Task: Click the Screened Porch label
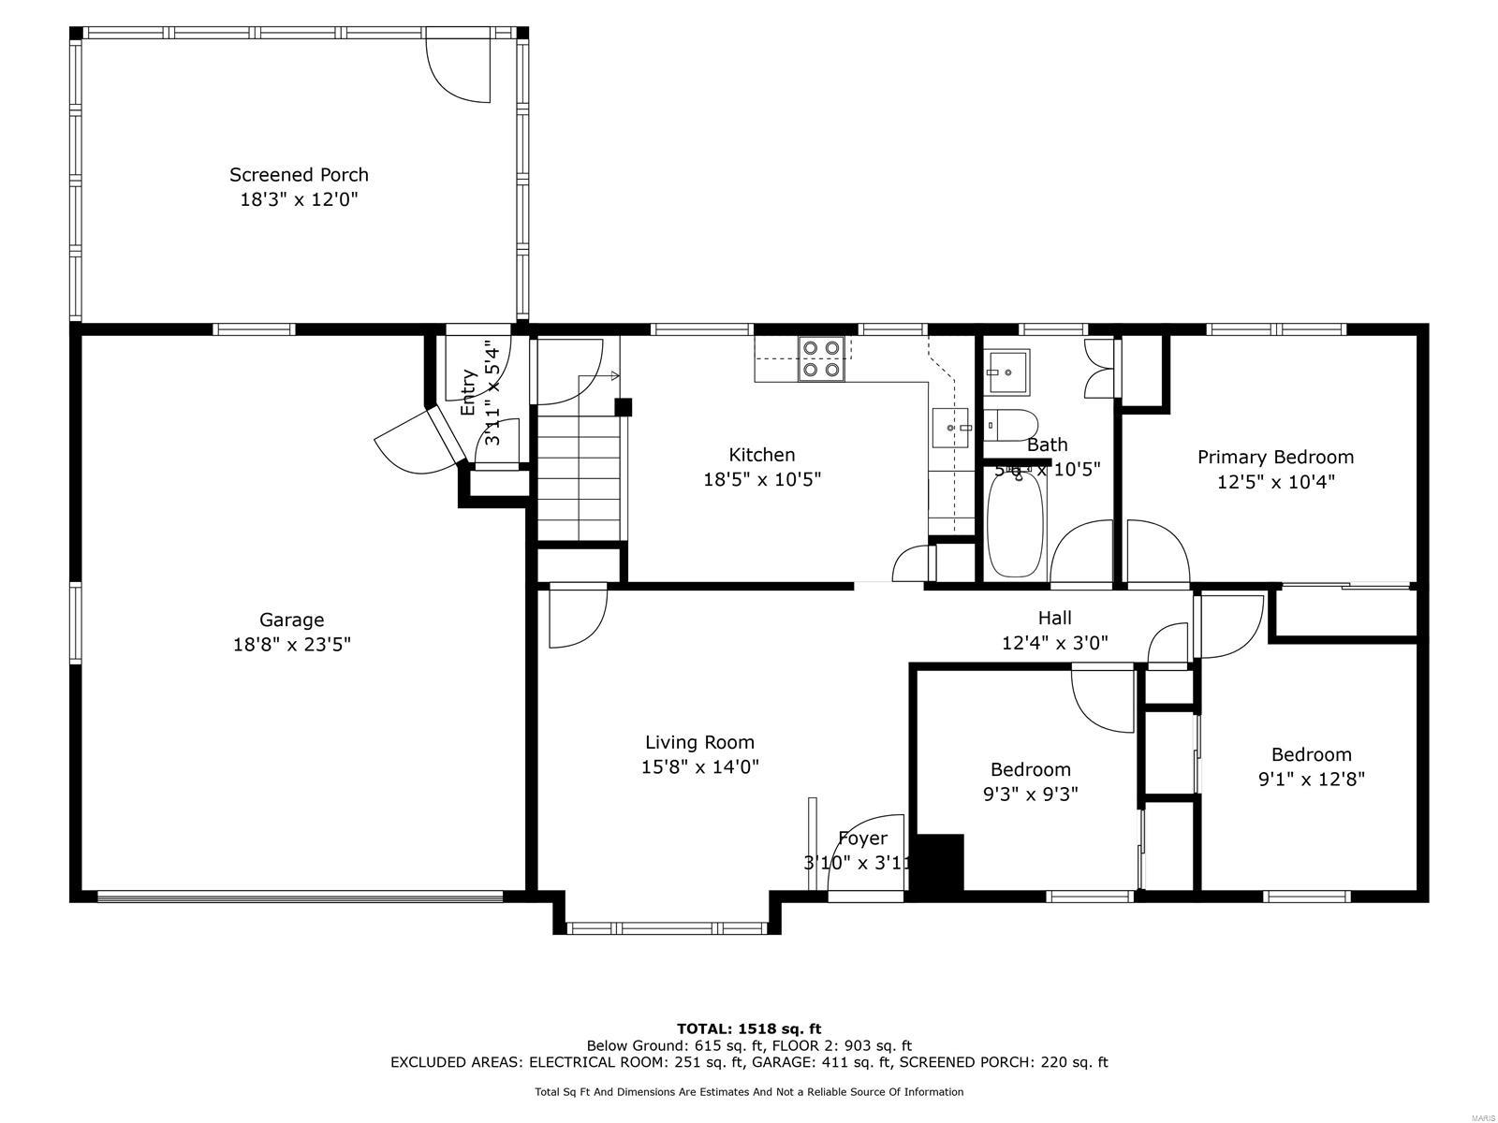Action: (x=299, y=175)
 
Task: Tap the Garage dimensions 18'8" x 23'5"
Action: (x=291, y=645)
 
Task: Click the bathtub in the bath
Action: (x=1015, y=524)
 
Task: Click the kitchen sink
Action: (x=954, y=429)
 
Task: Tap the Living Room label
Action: (x=699, y=742)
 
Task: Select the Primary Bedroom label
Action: (x=1275, y=457)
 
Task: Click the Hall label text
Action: (x=1054, y=618)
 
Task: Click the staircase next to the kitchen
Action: (x=579, y=477)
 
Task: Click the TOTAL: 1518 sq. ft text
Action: (x=749, y=1028)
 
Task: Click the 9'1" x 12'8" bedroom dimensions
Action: (x=1311, y=780)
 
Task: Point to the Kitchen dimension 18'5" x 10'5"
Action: (x=761, y=479)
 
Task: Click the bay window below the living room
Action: (x=667, y=928)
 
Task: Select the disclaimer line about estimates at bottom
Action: (x=749, y=1092)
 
